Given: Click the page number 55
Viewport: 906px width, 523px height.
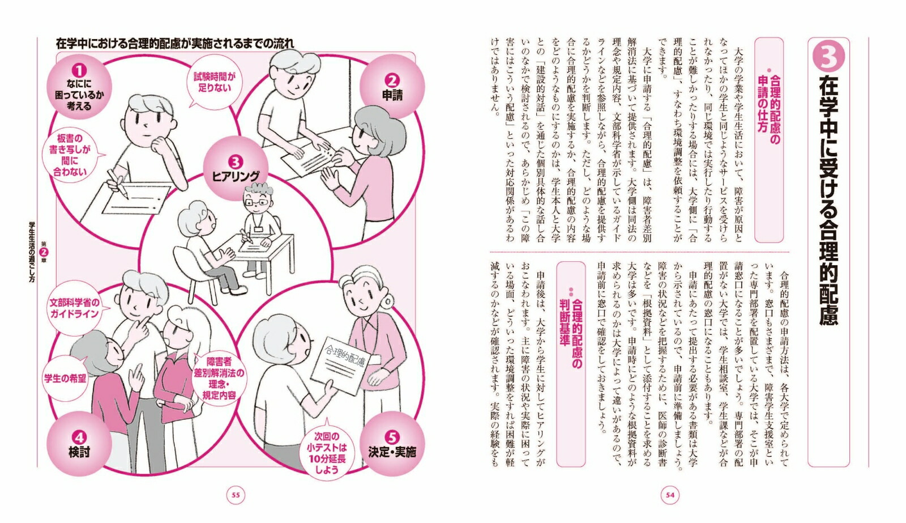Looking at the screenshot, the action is coord(236,495).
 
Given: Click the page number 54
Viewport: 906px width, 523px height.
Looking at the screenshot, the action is coord(670,495).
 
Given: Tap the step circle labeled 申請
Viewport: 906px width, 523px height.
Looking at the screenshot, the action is coord(392,87).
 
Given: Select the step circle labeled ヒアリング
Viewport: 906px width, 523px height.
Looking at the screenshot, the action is coord(236,168).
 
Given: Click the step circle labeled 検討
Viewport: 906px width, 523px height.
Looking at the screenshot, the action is coord(79,444).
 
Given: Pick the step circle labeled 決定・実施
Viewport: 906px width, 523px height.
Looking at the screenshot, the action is coord(392,444).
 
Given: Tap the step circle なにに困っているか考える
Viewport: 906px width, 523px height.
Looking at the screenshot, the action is coord(79,87).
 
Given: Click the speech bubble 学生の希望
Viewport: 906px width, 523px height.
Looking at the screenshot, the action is coord(66,378).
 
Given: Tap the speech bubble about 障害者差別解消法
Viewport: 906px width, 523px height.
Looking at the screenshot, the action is coord(219,378).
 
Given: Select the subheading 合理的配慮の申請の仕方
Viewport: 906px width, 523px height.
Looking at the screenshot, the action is coord(769,109).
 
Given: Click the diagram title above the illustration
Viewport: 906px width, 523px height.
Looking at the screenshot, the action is coord(175,43).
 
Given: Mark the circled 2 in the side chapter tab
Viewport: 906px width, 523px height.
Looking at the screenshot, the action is coord(44,252).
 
